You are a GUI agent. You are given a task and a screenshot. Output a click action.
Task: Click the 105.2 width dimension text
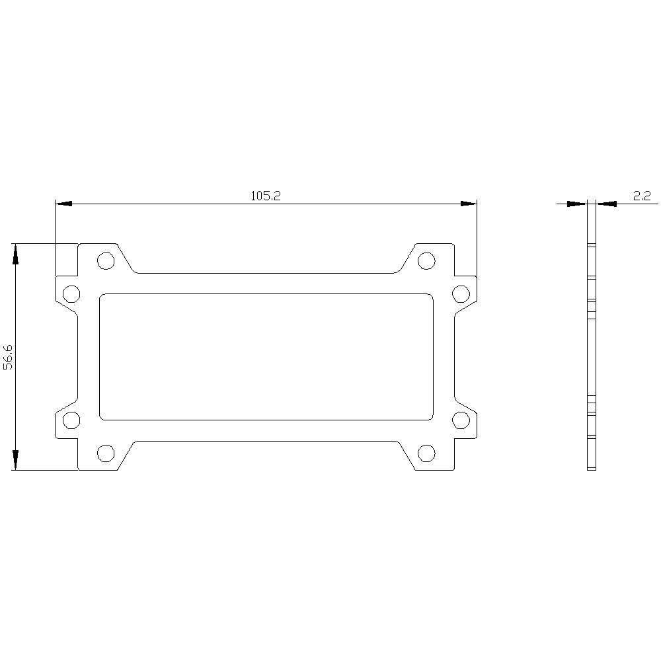pyautogui.click(x=266, y=196)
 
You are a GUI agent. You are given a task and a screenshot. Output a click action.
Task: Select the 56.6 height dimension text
pyautogui.click(x=9, y=357)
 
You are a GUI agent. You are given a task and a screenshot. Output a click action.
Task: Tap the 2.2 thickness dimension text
pyautogui.click(x=642, y=196)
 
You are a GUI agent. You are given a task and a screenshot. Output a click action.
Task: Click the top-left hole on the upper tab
pyautogui.click(x=106, y=261)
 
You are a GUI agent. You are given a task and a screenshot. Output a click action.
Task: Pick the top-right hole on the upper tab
pyautogui.click(x=426, y=261)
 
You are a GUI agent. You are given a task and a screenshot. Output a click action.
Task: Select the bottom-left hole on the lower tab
pyautogui.click(x=106, y=453)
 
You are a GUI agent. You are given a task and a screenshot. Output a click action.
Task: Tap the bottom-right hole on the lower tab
pyautogui.click(x=426, y=453)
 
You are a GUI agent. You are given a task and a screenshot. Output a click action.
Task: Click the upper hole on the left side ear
pyautogui.click(x=71, y=294)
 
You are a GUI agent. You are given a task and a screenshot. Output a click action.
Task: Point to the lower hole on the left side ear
pyautogui.click(x=71, y=420)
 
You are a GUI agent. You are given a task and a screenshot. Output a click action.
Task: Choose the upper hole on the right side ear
pyautogui.click(x=461, y=294)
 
